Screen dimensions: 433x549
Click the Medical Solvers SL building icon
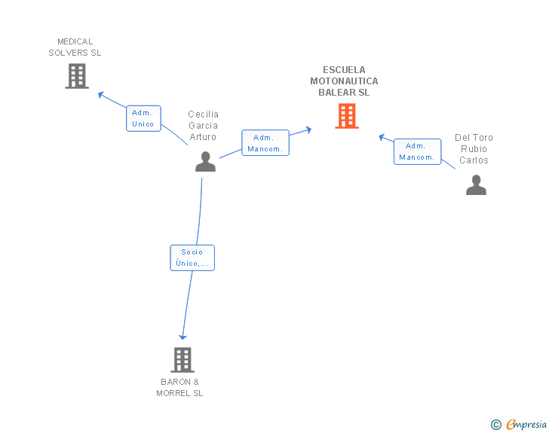click(76, 76)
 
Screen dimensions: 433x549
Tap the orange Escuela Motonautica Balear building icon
click(346, 116)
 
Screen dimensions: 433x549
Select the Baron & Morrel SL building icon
click(182, 360)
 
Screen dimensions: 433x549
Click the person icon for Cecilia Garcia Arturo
click(205, 162)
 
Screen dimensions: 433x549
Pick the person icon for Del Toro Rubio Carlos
click(476, 185)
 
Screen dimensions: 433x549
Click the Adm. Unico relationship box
click(143, 118)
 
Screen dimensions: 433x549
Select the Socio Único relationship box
click(192, 258)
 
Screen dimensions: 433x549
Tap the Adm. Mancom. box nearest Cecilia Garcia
click(265, 143)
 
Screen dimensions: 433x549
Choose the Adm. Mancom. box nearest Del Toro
click(417, 151)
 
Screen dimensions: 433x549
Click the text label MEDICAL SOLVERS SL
click(75, 47)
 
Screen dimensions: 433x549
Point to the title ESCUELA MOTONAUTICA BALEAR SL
click(344, 81)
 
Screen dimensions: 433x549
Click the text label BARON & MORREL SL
click(180, 387)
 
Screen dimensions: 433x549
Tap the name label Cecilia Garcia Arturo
click(203, 126)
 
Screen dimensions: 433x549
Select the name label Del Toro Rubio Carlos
click(474, 148)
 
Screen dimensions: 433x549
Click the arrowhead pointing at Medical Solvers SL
click(101, 94)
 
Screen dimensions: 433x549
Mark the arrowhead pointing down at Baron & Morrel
click(182, 336)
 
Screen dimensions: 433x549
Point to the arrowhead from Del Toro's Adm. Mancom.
click(382, 137)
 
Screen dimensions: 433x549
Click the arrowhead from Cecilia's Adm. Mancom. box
click(308, 130)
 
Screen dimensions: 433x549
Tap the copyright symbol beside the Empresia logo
click(495, 425)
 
